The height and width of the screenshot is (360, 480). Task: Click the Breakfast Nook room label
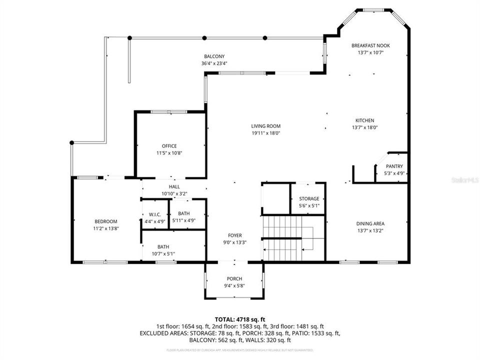pyautogui.click(x=370, y=45)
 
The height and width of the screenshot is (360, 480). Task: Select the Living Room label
pyautogui.click(x=265, y=126)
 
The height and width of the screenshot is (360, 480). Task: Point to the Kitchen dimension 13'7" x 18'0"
pyautogui.click(x=364, y=127)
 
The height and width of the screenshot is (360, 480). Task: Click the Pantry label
pyautogui.click(x=394, y=166)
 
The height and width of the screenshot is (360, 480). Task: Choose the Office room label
pyautogui.click(x=169, y=146)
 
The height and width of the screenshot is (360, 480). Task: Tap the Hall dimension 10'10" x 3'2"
pyautogui.click(x=174, y=193)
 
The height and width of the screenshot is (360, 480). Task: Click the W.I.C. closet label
pyautogui.click(x=154, y=214)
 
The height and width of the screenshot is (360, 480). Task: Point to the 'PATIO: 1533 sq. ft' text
pyautogui.click(x=315, y=333)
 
